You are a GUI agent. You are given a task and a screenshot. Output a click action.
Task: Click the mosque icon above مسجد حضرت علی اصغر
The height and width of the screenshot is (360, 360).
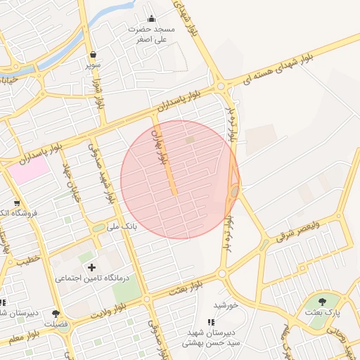[151, 19]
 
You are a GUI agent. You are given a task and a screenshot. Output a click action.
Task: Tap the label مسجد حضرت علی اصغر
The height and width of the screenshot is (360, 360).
[151, 35]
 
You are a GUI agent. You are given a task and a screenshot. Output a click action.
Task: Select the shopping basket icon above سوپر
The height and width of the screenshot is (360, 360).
[93, 54]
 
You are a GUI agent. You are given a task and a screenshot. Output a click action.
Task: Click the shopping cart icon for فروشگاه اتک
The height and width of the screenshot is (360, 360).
[16, 203]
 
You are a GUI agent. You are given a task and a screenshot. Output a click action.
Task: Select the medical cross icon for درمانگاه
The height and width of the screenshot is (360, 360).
[91, 267]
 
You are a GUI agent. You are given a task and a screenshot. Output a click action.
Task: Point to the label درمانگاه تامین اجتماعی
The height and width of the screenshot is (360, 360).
[94, 279]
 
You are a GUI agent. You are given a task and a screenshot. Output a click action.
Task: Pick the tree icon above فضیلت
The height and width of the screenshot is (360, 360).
[56, 314]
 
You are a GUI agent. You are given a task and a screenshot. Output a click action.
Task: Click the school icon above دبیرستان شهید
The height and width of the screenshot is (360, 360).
[211, 322]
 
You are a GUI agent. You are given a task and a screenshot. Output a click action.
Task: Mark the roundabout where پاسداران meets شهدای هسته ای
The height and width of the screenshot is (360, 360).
[220, 86]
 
